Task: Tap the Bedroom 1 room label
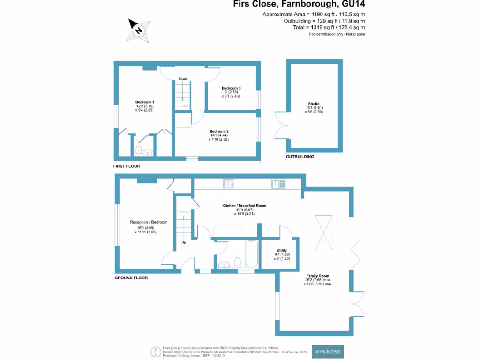coord(145,102)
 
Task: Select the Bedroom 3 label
coord(231,88)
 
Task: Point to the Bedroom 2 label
coord(219,131)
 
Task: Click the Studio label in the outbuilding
coord(314,104)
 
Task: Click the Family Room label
coord(318,276)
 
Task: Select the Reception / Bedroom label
coord(149,222)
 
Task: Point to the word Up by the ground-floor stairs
coord(183,243)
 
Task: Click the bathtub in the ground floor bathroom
coord(251,255)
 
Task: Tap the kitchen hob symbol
coord(229,184)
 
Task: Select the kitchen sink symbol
coord(278,184)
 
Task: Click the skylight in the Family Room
coord(323,233)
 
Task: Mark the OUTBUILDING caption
coord(300,157)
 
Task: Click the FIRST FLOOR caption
coord(127,166)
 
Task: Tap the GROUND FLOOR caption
coord(131,278)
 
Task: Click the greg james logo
coord(328,352)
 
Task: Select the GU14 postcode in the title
coord(352,4)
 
